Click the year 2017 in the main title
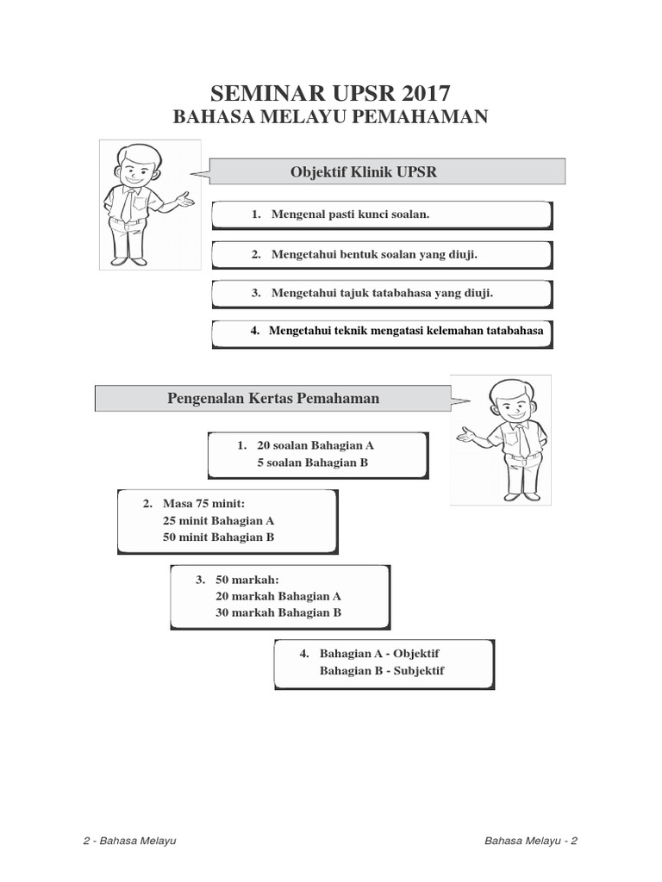[x=421, y=93]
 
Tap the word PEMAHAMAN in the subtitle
[x=423, y=118]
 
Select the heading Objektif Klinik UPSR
[x=364, y=172]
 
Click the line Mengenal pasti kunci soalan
[x=349, y=214]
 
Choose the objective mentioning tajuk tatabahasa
[x=382, y=293]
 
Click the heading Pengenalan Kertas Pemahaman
[x=272, y=399]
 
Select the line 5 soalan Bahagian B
[x=312, y=463]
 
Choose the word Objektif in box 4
[x=416, y=654]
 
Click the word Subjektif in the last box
[x=419, y=671]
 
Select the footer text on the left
[x=129, y=841]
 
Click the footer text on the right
[x=531, y=841]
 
